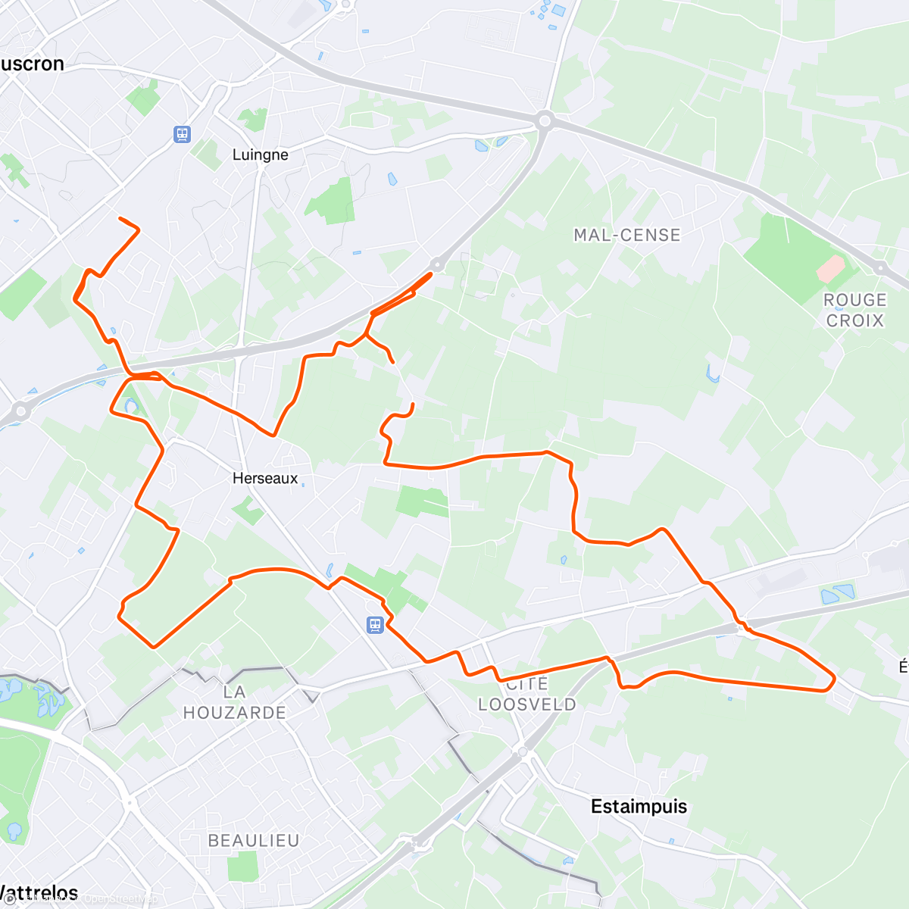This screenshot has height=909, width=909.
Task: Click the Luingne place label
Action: (260, 155)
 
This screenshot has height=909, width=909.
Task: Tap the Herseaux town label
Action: (265, 478)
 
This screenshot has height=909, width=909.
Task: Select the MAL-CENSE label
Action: (626, 235)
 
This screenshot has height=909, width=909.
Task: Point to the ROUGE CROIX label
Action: (854, 310)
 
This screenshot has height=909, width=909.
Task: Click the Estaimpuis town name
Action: (639, 806)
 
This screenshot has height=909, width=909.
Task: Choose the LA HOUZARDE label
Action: (234, 702)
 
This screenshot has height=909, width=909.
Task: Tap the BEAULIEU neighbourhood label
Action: (254, 840)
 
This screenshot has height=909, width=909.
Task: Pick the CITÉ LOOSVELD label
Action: (527, 695)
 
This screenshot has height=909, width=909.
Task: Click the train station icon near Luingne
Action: (181, 135)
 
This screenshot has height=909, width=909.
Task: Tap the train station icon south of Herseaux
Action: (375, 625)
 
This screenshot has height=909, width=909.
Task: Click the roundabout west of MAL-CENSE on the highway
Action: (544, 120)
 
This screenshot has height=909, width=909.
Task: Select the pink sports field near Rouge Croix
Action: (831, 267)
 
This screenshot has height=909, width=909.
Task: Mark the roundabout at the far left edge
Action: (20, 411)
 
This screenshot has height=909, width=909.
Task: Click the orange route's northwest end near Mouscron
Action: (120, 219)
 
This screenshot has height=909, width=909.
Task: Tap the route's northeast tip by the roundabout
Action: (432, 273)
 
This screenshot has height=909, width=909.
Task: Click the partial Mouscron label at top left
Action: (32, 64)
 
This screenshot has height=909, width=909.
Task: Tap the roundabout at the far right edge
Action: (880, 267)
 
